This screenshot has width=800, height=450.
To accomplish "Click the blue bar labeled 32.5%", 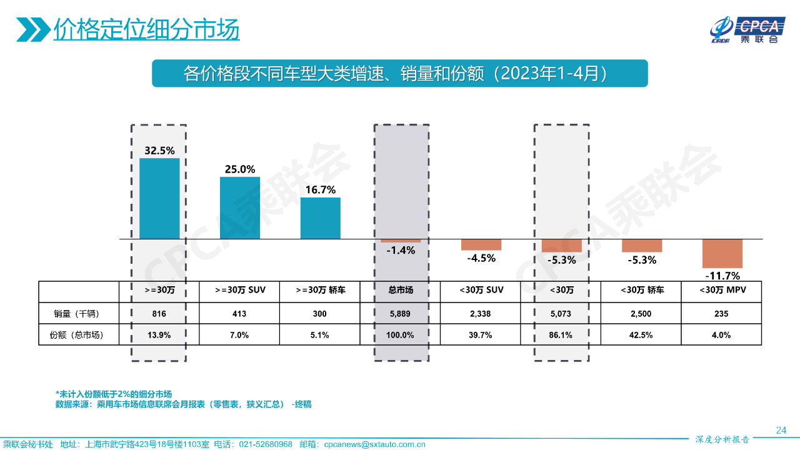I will point(159,198).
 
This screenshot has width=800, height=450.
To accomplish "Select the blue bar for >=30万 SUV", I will point(239,207).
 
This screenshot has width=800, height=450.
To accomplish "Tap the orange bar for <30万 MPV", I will point(722,253).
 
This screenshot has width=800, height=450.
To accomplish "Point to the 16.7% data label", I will point(320,189).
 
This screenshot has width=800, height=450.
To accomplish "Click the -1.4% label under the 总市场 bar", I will point(401,250).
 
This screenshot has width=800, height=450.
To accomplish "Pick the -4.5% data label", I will point(481,257).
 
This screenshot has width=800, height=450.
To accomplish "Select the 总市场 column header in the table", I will point(401,291).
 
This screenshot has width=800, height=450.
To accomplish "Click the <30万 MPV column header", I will point(722,291).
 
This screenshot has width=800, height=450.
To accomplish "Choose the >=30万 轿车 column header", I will point(320,291).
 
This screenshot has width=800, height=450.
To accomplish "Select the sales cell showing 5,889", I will point(401,313).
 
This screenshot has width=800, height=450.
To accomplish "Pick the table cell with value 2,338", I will point(481,313).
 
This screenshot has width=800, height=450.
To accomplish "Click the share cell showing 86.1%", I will point(561,335).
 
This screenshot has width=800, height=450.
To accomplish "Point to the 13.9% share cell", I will point(159,335).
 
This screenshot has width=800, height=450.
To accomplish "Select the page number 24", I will point(781,430).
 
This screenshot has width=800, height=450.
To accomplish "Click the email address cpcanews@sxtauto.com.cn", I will point(375,444).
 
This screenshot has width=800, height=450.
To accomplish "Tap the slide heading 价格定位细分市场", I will point(146,29).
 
